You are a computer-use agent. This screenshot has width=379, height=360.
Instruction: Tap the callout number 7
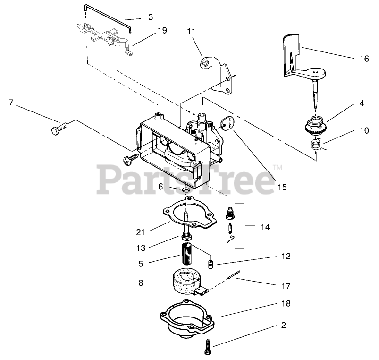click(11, 102)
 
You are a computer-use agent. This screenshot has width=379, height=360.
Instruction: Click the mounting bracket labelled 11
click(221, 76)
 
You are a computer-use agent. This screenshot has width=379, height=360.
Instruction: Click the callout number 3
click(150, 17)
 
